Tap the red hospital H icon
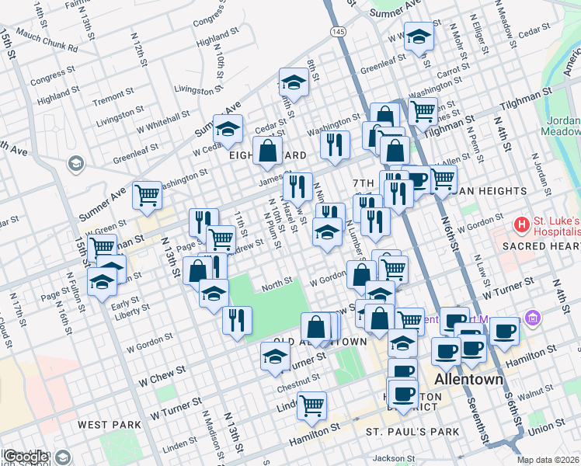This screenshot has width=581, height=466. coord(522,225)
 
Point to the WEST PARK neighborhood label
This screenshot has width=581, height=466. coord(109,425)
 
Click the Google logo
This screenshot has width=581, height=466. coord(26,456)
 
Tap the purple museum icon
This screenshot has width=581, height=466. coord(532,318)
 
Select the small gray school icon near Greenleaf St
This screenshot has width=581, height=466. coord(75,163)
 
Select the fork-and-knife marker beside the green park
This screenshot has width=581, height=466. coord(237,319)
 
